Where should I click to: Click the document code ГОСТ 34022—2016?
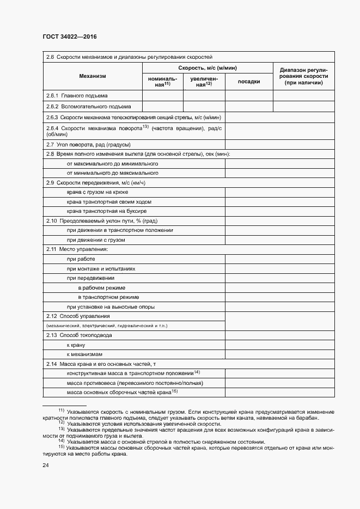[69, 36]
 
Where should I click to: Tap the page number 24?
[46, 465]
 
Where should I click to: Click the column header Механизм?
[92, 76]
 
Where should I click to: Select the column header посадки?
[249, 82]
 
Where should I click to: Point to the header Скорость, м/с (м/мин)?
[208, 68]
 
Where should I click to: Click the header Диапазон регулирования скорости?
[303, 76]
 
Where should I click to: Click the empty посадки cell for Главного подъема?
[249, 95]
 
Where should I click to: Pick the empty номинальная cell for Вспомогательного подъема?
[162, 106]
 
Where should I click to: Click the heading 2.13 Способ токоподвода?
[79, 335]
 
